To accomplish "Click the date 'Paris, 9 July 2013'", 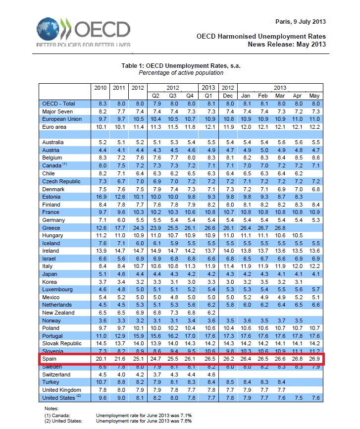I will point(300,22).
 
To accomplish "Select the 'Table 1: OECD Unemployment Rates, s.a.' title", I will point(181,65).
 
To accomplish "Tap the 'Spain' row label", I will point(50,359).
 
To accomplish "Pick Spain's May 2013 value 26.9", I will point(314,359).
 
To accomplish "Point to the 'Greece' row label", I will point(51,227).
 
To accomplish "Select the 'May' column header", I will point(314,95).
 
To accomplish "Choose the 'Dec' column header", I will point(228,95).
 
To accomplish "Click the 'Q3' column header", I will point(173,95).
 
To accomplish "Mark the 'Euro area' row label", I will point(55,127).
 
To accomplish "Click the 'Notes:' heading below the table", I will point(52,409).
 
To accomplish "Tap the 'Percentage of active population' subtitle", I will point(181,73).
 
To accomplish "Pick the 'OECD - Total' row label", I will point(59,104).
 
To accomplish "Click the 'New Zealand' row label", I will point(58,313).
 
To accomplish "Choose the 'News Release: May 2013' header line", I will point(287,45).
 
